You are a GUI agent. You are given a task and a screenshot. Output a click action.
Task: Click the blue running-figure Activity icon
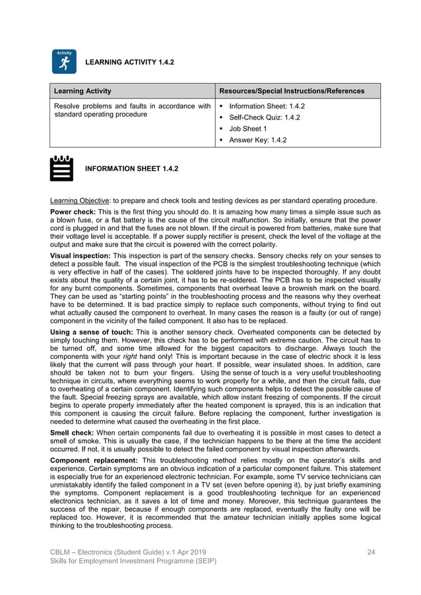coord(64,62)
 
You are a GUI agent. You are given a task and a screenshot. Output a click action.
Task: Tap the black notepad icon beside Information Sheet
coord(61,169)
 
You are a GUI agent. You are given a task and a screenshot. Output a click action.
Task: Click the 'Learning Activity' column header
coord(82,91)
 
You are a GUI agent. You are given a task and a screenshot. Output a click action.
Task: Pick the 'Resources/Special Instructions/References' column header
coord(291,91)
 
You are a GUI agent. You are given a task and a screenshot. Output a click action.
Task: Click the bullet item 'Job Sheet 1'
coord(247,129)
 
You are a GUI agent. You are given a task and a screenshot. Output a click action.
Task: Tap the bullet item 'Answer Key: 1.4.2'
coord(257,140)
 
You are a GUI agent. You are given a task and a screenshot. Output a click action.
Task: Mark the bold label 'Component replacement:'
coord(94,460)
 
